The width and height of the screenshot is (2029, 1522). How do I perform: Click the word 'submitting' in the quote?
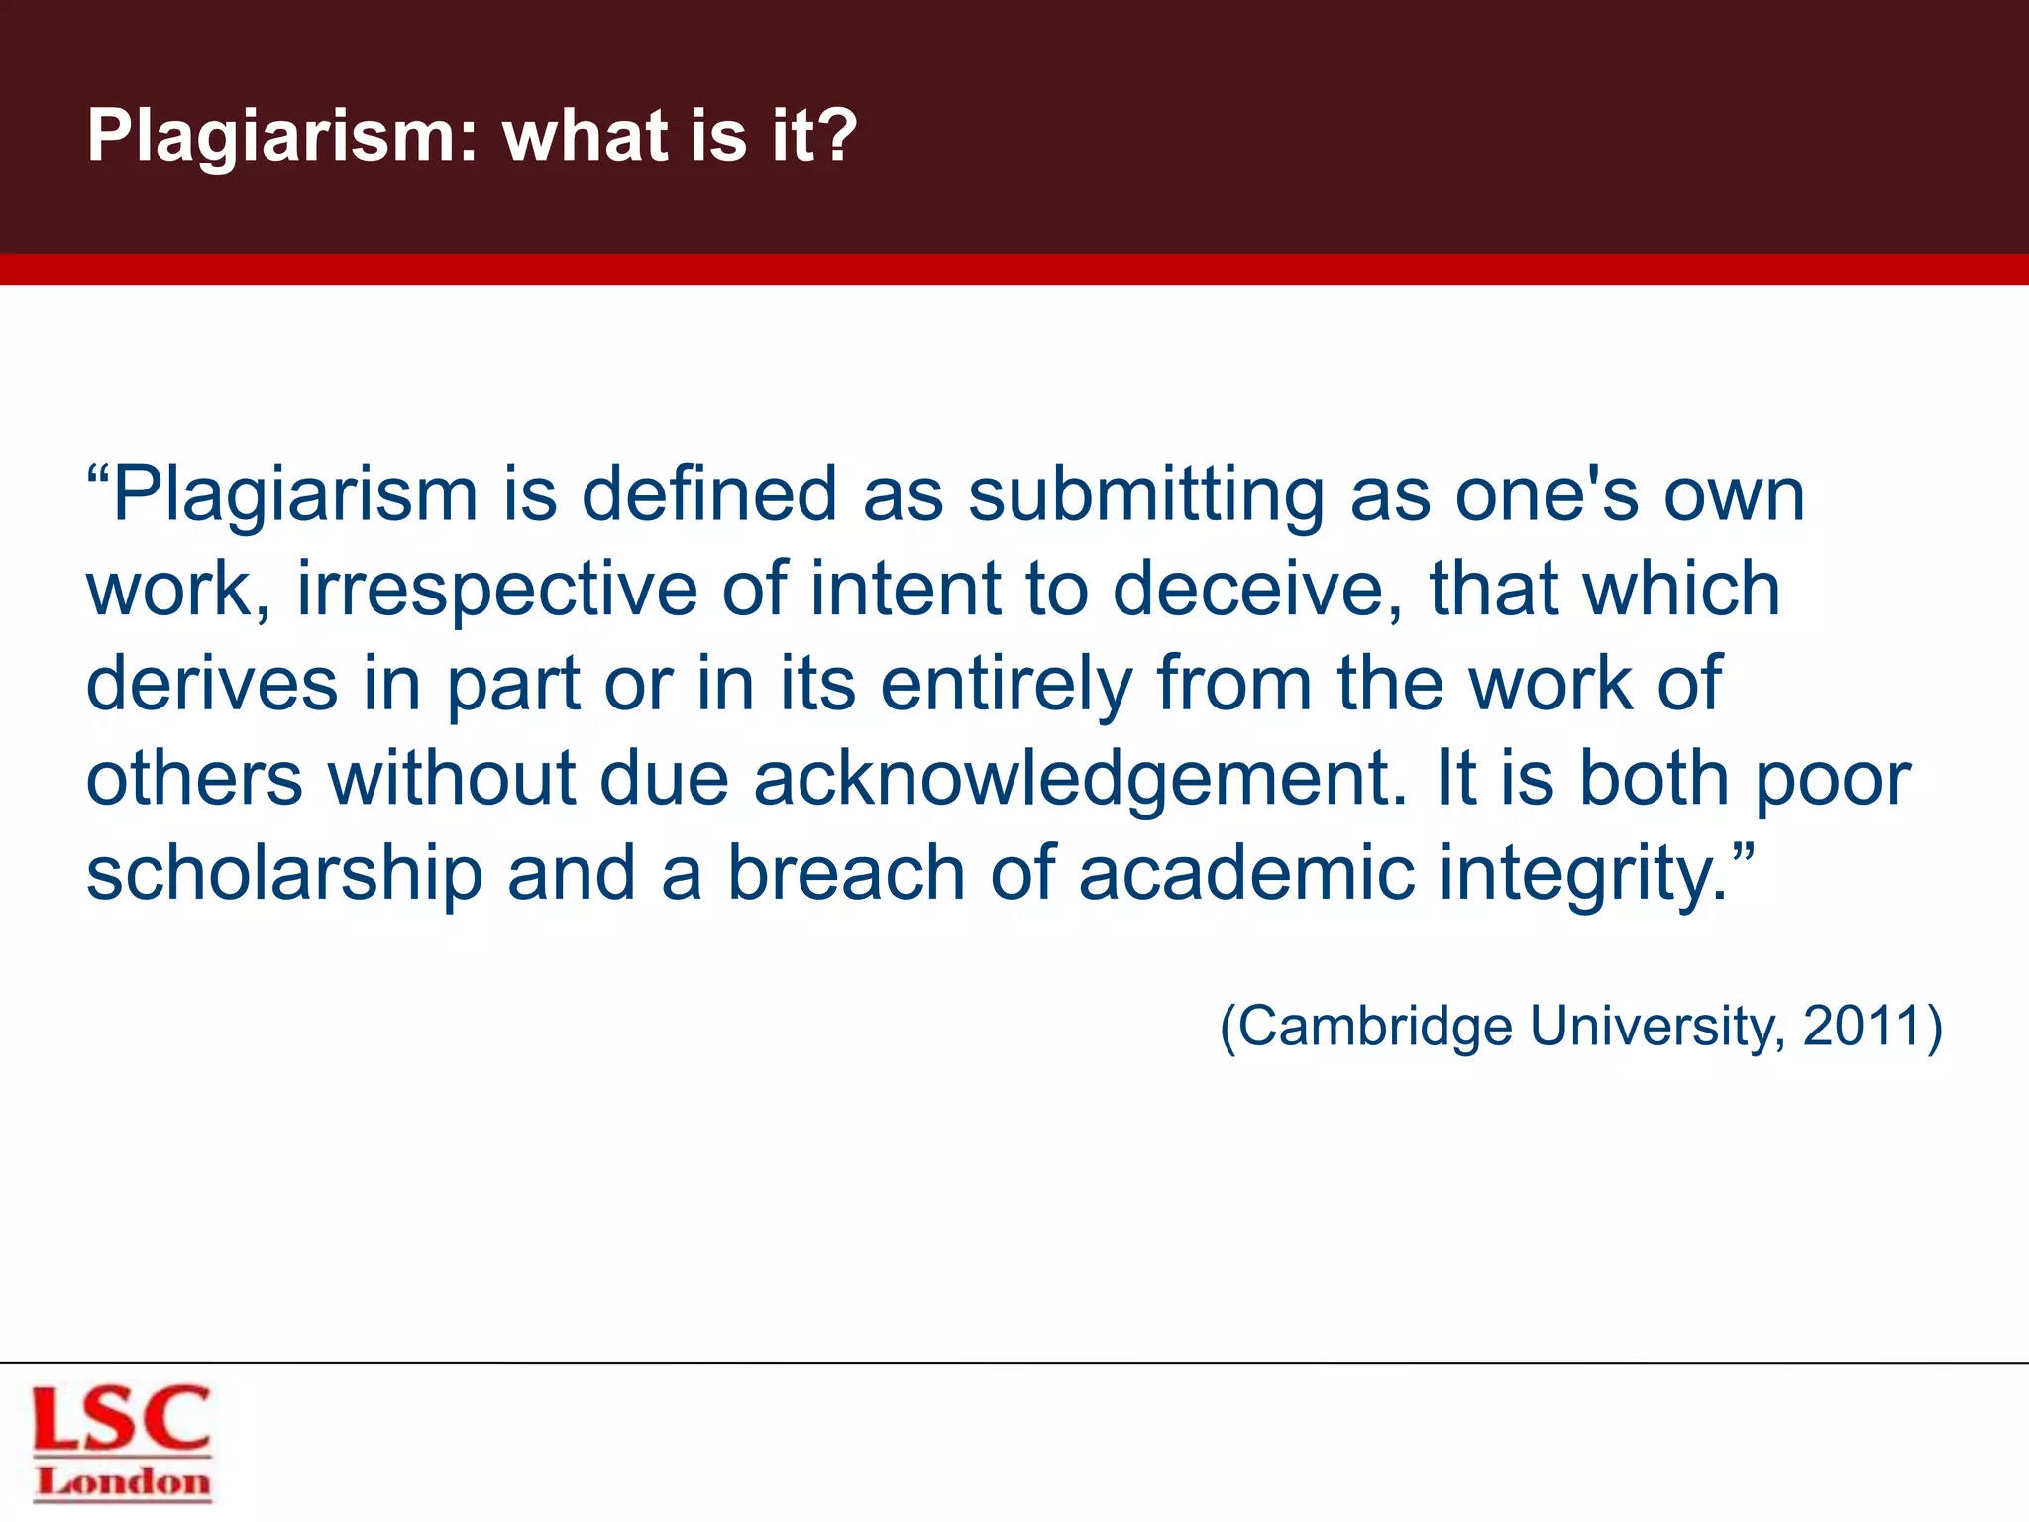(1145, 494)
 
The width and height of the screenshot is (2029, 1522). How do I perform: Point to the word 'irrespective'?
(496, 589)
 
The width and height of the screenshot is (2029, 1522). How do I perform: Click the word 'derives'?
(212, 684)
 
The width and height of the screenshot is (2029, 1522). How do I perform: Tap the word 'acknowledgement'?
(1080, 779)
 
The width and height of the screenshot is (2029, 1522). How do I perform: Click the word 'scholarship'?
(284, 874)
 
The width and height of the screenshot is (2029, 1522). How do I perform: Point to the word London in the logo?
(123, 1482)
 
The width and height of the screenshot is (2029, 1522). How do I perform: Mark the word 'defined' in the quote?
(709, 494)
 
